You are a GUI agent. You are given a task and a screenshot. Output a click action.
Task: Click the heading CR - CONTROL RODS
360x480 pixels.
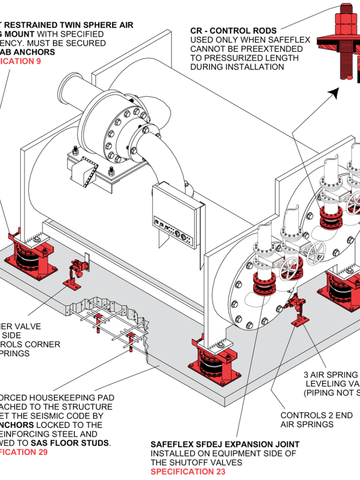coord(233,31)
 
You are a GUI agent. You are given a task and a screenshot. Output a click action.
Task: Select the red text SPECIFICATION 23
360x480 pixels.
coord(187,472)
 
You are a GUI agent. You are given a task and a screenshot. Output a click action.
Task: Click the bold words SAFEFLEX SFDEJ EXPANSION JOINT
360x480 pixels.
coord(225,444)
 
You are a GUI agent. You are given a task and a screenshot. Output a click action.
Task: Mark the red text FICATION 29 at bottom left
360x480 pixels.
coord(23,452)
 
